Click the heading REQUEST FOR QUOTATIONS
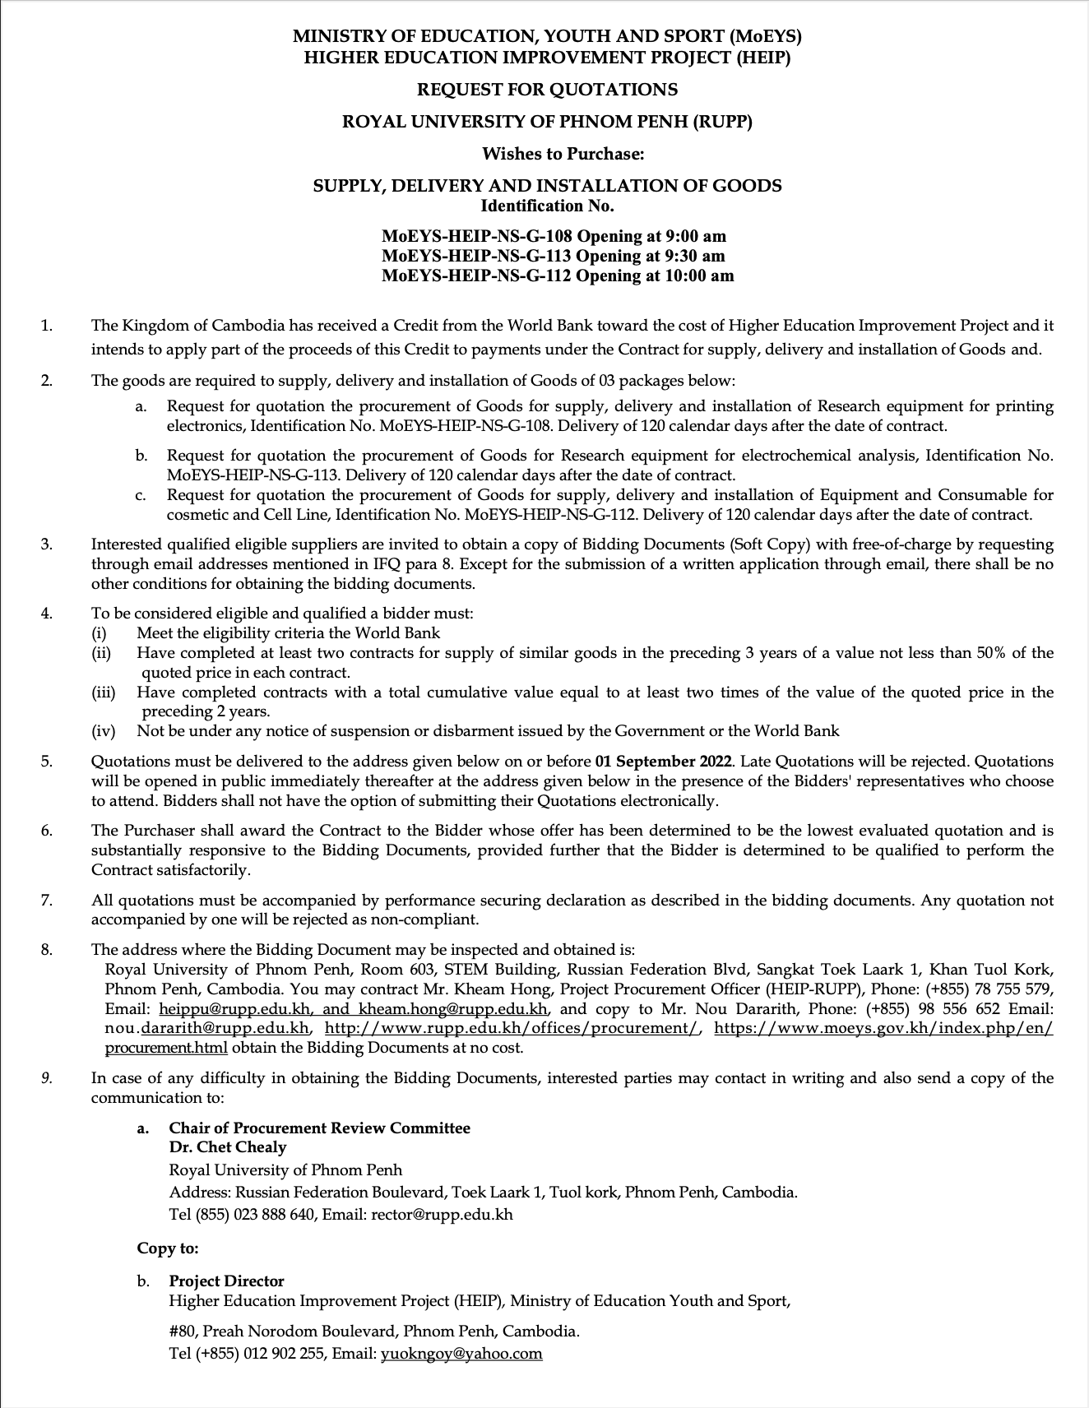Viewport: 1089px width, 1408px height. click(x=547, y=89)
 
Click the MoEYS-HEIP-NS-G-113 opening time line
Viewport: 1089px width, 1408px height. click(x=554, y=256)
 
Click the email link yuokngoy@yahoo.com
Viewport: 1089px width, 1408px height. click(x=461, y=1354)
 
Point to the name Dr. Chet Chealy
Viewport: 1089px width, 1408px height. click(x=228, y=1147)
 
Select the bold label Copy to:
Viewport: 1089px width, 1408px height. click(x=168, y=1248)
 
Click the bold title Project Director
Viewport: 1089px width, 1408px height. click(x=226, y=1281)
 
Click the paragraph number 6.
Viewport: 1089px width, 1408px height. click(x=46, y=831)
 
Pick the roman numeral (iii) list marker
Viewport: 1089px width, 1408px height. click(x=104, y=692)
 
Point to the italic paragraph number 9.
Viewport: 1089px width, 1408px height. click(x=46, y=1078)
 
